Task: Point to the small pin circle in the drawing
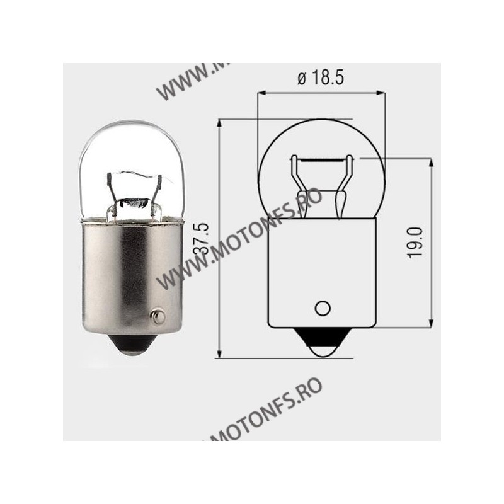click(323, 308)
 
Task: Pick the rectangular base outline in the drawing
click(323, 271)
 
